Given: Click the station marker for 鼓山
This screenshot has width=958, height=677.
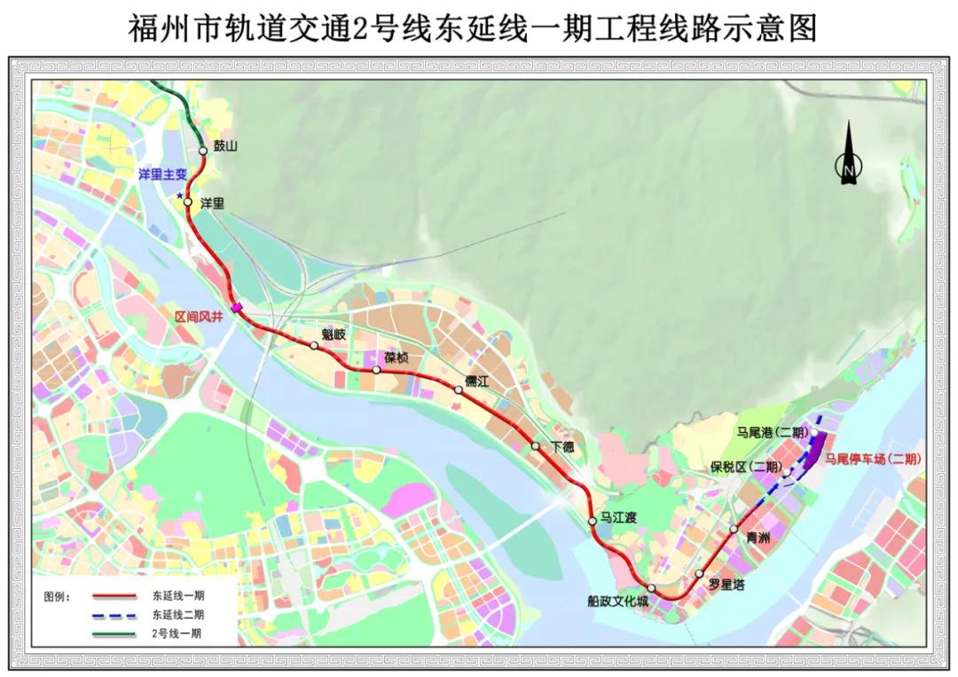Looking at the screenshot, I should pyautogui.click(x=203, y=151).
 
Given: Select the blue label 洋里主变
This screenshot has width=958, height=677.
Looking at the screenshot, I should pyautogui.click(x=161, y=176).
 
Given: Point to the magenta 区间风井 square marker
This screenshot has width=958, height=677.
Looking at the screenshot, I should pyautogui.click(x=237, y=308).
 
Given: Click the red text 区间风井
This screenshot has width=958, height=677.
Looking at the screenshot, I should pyautogui.click(x=198, y=316).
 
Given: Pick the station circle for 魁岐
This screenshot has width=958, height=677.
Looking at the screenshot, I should pyautogui.click(x=314, y=345).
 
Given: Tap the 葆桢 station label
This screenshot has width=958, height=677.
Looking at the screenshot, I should pyautogui.click(x=396, y=358).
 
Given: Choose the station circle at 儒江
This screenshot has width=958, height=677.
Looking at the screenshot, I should pyautogui.click(x=459, y=389).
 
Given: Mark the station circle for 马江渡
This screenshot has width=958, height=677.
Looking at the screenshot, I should pyautogui.click(x=593, y=521).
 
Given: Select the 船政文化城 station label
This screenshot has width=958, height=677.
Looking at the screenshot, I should pyautogui.click(x=618, y=602).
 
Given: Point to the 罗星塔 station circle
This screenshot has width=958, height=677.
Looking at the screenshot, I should pyautogui.click(x=700, y=573).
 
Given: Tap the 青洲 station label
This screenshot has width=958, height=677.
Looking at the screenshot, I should pyautogui.click(x=758, y=537).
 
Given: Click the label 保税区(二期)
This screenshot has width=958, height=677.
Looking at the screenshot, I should pyautogui.click(x=746, y=467).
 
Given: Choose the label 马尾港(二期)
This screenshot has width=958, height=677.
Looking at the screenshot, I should pyautogui.click(x=773, y=433).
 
